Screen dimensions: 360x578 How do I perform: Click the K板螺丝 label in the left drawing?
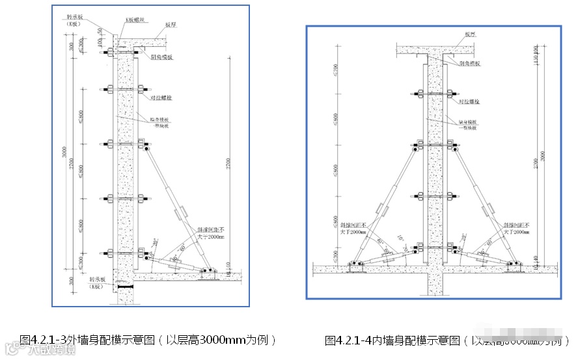[135, 20]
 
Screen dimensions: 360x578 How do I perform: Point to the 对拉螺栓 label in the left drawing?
[161, 98]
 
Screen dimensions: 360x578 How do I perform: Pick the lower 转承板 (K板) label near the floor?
[98, 283]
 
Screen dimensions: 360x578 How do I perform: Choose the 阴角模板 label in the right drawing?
[469, 63]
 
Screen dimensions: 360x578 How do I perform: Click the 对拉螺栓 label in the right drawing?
[469, 102]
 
